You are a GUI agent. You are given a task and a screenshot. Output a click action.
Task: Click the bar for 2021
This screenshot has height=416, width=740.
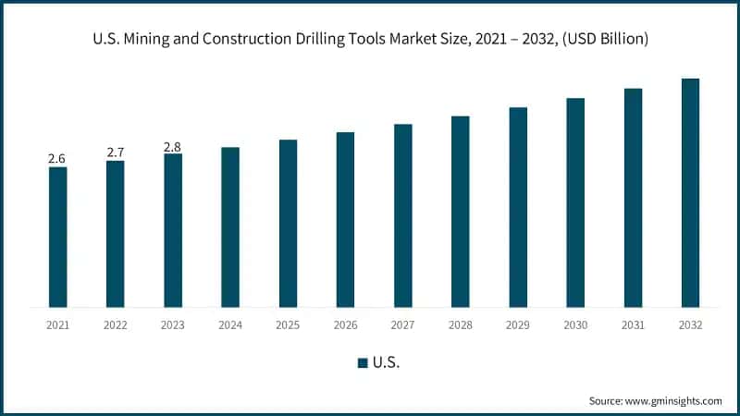click(57, 237)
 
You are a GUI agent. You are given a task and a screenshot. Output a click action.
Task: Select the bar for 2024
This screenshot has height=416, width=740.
click(230, 226)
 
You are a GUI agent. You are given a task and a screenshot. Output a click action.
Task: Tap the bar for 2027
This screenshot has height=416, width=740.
click(403, 215)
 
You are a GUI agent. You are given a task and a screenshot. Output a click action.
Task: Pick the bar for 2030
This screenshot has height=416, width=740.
click(575, 202)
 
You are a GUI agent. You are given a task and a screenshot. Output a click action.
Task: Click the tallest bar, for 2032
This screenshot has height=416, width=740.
click(690, 192)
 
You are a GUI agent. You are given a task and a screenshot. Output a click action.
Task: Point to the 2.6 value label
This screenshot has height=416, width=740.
click(57, 159)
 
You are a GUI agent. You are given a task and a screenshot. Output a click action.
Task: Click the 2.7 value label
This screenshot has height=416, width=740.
click(115, 153)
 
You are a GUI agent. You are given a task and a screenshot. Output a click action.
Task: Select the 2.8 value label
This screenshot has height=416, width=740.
click(173, 146)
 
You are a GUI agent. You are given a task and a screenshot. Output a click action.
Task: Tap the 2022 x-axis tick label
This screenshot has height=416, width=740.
click(115, 324)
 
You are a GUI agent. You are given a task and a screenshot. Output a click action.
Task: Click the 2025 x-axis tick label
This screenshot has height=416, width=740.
click(288, 324)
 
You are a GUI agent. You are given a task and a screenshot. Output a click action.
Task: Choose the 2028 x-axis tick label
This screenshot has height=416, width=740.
click(461, 324)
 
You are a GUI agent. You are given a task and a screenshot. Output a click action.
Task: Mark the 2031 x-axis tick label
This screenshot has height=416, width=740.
click(633, 324)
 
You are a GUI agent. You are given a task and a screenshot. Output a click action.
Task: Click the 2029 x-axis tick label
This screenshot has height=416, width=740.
click(518, 324)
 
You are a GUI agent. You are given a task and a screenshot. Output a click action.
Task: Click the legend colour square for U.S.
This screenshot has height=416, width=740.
click(363, 362)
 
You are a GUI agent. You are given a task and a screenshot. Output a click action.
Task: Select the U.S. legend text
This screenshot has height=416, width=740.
click(386, 362)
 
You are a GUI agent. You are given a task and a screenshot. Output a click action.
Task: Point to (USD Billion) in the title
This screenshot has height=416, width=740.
click(600, 39)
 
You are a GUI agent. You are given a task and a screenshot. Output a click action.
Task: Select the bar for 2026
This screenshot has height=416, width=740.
click(345, 219)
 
